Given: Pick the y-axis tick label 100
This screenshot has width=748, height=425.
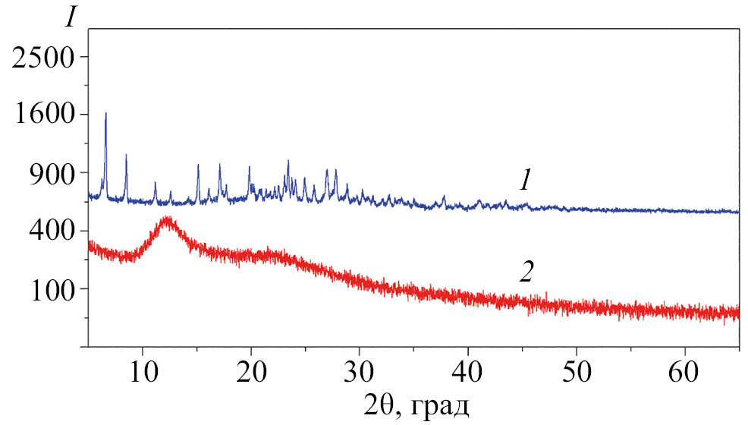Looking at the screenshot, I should pos(53,289).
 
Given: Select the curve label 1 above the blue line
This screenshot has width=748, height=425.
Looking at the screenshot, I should pos(524,181).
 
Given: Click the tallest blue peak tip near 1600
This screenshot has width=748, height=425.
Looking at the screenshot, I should pos(105,114).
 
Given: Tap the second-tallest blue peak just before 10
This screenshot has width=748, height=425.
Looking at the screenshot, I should pos(126,155).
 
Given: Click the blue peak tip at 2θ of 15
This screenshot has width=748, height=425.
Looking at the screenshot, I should pos(198,165).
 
